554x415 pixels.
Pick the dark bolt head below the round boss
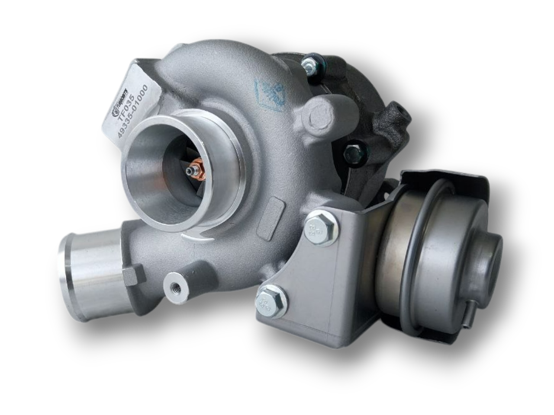click(x=351, y=153)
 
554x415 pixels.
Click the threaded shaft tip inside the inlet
click(x=190, y=172)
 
